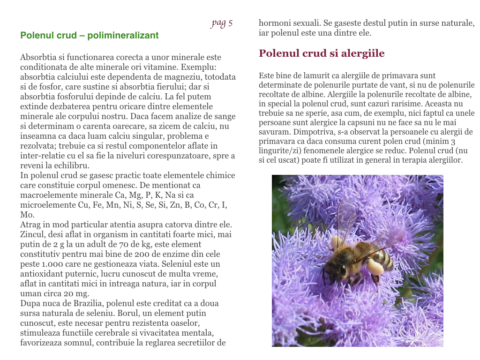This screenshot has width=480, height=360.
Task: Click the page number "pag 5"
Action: [x=222, y=23]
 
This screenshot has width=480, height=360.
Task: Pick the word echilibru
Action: [x=71, y=165]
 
